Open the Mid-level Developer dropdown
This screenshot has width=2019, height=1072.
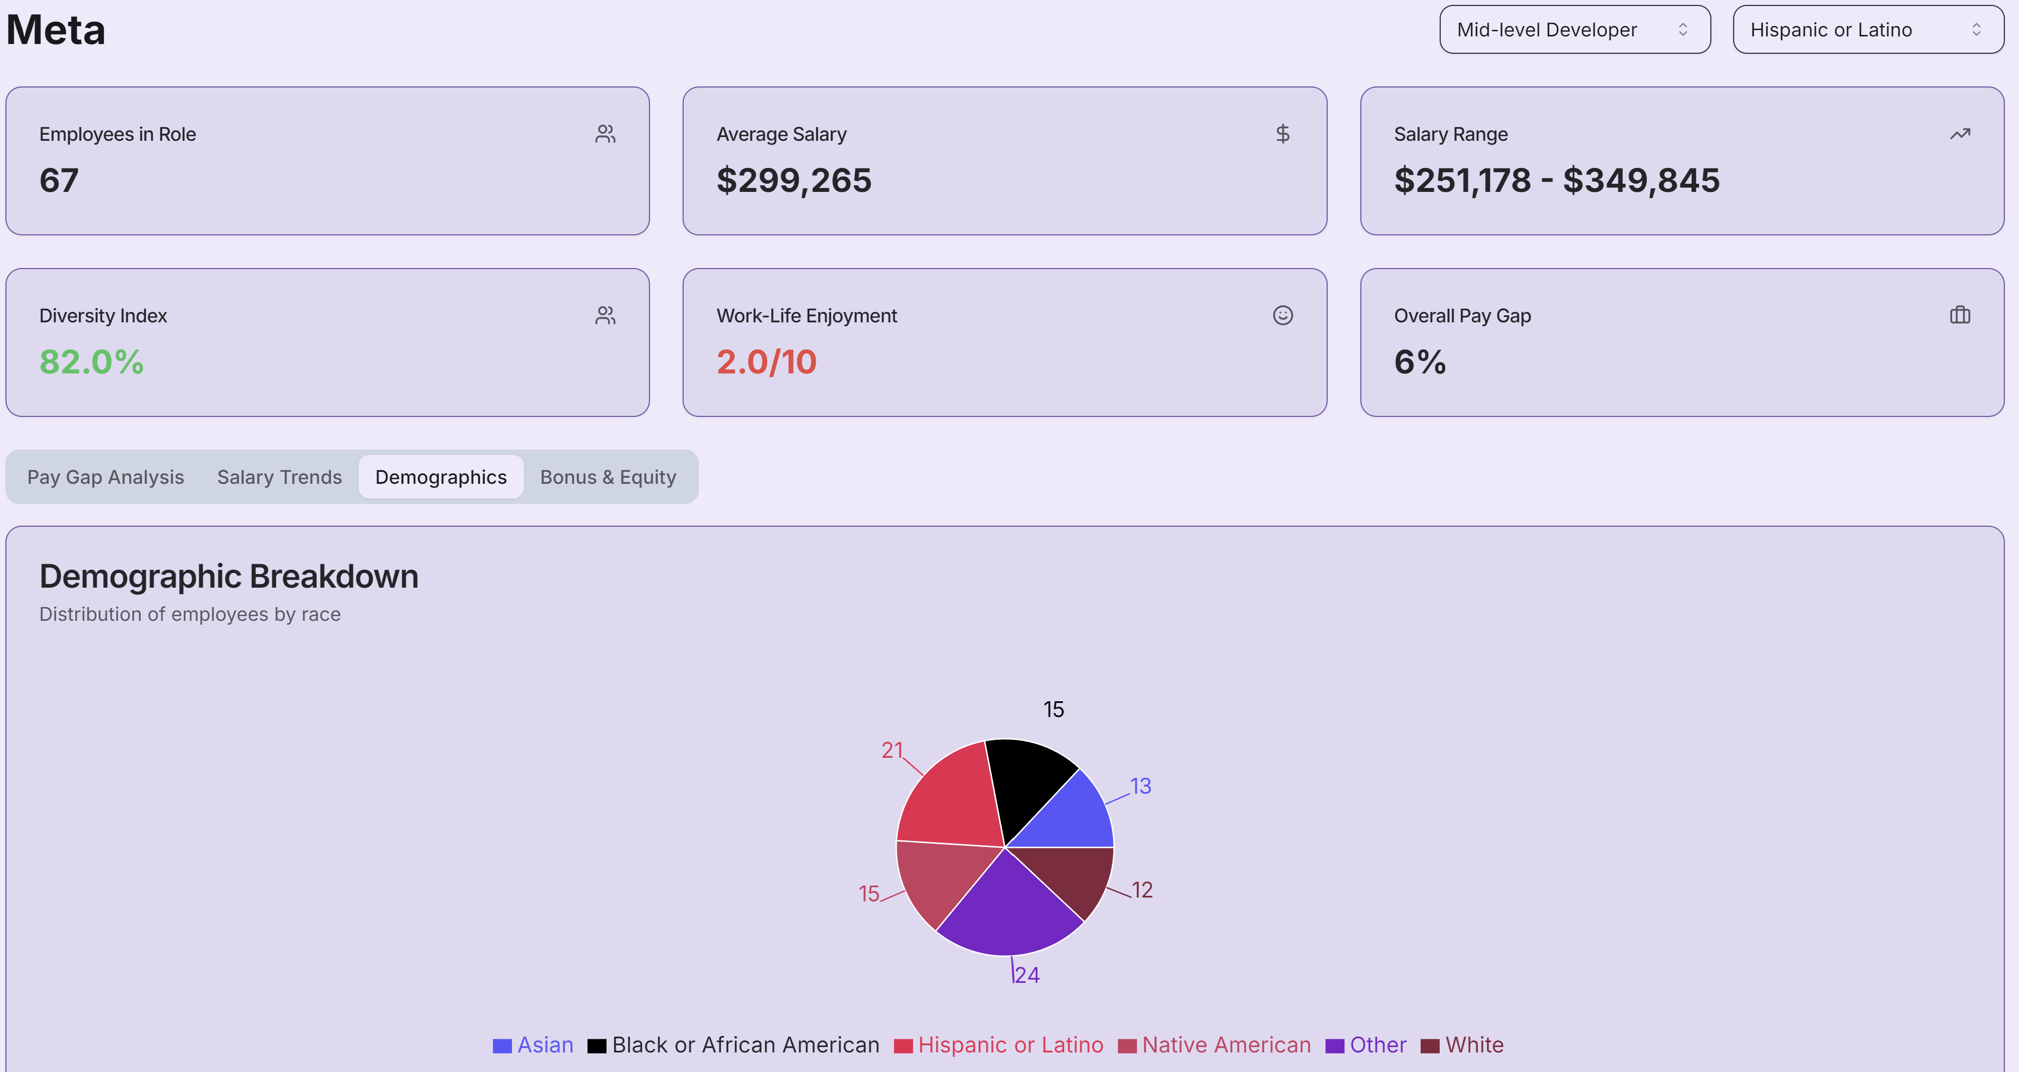coord(1574,30)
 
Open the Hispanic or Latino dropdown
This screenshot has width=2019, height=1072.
coord(1868,30)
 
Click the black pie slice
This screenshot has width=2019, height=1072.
coord(1027,784)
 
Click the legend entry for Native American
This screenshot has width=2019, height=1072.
coord(1215,1045)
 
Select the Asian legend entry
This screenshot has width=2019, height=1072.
coord(534,1045)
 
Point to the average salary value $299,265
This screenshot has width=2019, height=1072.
coord(793,180)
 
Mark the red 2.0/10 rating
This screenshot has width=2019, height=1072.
coord(766,362)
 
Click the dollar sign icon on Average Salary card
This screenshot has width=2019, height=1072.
coord(1282,134)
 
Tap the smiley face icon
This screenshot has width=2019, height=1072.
coord(1282,315)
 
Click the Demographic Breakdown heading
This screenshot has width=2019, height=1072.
coord(229,576)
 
